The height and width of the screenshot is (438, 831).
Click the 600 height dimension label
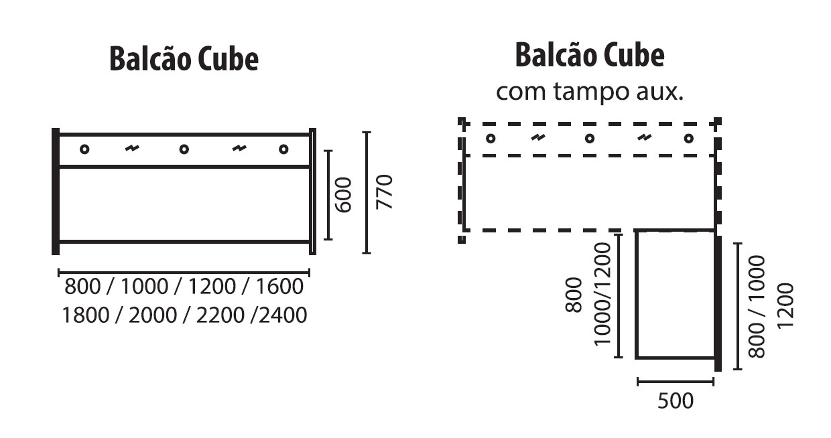point(342,195)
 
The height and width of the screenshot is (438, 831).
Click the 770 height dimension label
point(383,193)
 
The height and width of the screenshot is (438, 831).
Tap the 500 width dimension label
point(675,401)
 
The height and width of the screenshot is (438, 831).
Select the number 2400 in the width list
point(281,314)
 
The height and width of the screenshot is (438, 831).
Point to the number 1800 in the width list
point(86,314)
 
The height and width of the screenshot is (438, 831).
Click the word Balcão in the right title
point(556,55)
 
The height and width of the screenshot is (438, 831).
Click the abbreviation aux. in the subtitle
point(659,92)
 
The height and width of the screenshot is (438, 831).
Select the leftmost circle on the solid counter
point(84,149)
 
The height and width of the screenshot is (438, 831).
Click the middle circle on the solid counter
point(184,149)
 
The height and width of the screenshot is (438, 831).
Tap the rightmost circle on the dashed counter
point(688,139)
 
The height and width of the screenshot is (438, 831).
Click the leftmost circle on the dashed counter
point(491,139)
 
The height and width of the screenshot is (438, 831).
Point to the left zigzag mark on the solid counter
point(133,149)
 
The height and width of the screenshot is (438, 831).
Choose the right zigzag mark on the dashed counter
point(643,139)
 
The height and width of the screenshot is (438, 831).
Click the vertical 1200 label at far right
point(786,305)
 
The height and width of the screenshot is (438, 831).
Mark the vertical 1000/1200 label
point(603,293)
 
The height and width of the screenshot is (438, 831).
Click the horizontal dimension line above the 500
point(675,382)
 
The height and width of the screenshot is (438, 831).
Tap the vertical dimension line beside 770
point(367,193)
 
